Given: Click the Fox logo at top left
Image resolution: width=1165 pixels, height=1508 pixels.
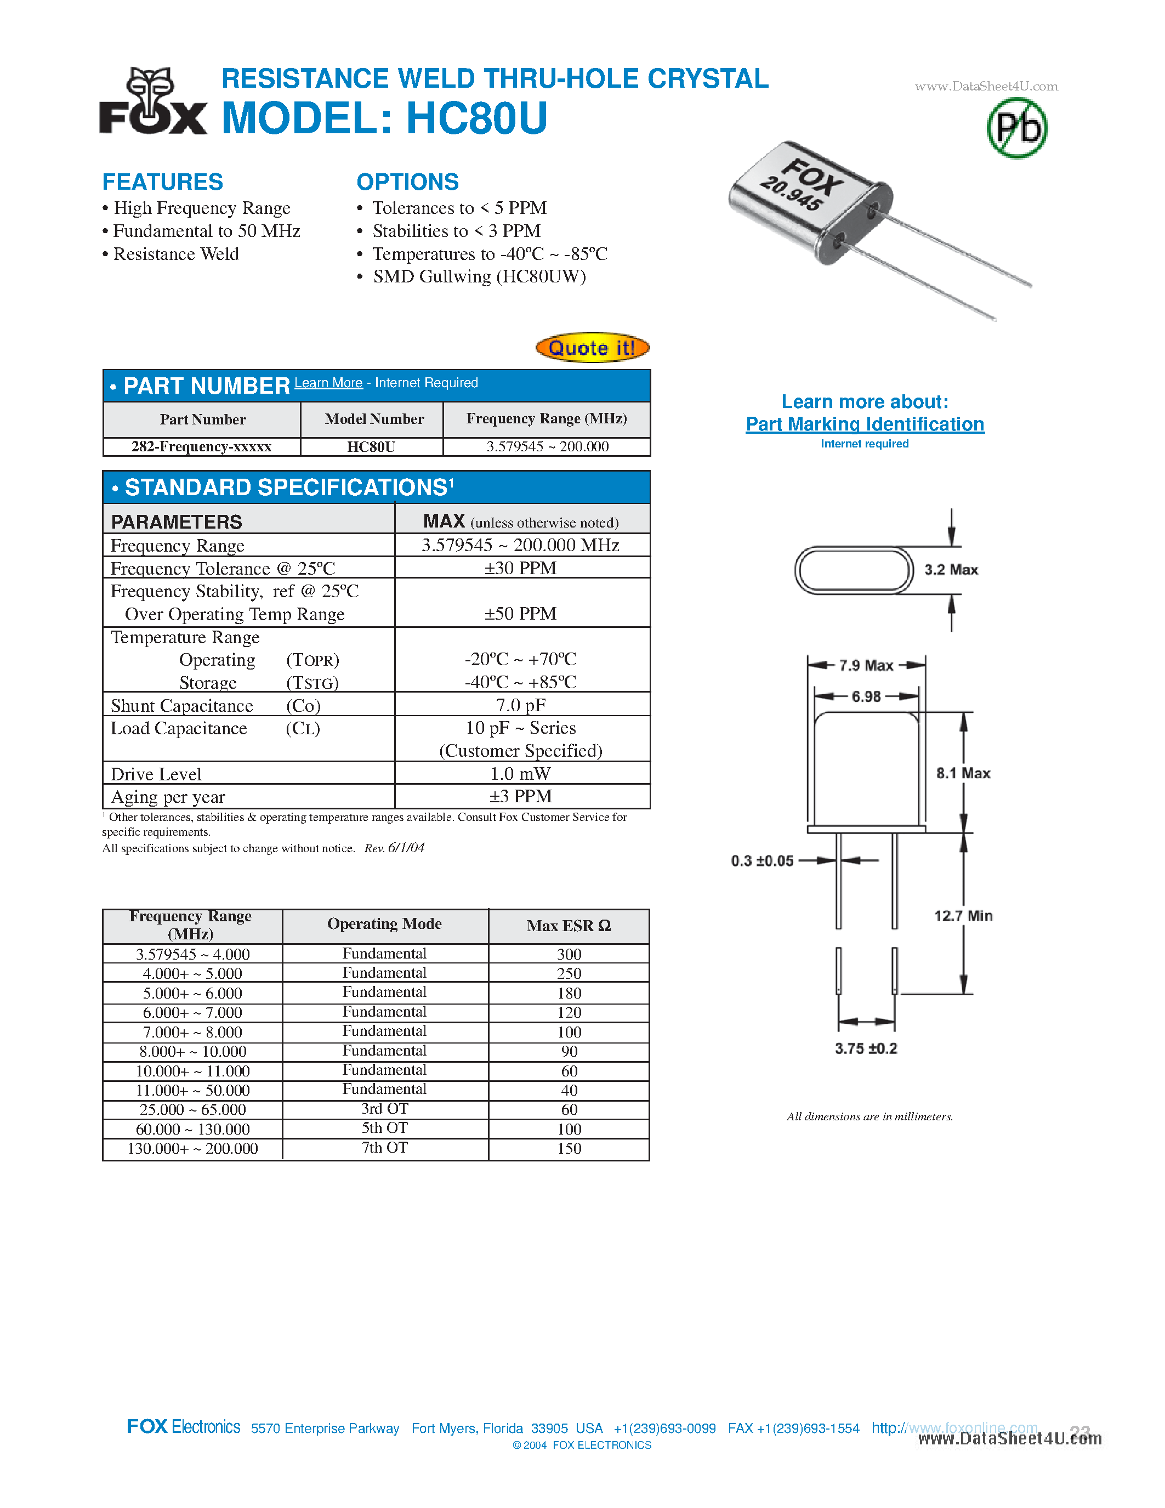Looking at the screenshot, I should (153, 101).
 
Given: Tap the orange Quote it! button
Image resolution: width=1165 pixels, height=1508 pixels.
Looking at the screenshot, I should (592, 347).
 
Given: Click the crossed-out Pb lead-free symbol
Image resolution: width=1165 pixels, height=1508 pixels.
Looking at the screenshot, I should (1016, 128).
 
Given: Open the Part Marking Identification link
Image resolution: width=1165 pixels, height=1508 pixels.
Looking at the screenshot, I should (865, 424).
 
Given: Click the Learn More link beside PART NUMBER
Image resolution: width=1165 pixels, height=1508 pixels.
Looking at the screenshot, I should (328, 383).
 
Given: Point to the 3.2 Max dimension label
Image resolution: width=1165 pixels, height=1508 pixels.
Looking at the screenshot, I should (951, 570).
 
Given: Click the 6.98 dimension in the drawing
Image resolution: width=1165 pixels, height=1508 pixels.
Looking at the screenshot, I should (866, 696).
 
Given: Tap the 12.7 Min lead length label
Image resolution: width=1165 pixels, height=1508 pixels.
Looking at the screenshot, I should (963, 916).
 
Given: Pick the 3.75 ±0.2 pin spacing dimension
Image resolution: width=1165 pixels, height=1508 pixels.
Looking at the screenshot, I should (866, 1048).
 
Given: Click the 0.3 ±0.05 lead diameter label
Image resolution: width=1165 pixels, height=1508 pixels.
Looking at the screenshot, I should (762, 861).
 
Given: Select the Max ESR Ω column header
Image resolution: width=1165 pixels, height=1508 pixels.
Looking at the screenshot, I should (569, 926).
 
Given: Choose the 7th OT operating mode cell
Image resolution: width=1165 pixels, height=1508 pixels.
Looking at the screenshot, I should (384, 1148).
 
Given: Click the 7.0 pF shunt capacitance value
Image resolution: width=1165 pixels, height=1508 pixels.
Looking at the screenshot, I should (520, 705).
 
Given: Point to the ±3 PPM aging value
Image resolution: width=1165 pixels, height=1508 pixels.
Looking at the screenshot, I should (520, 796).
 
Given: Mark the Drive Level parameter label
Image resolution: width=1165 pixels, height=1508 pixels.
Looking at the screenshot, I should (156, 774).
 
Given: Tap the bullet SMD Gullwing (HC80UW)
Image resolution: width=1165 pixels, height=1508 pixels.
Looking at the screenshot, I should (479, 277).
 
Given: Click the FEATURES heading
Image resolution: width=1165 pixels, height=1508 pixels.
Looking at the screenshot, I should (163, 182).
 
